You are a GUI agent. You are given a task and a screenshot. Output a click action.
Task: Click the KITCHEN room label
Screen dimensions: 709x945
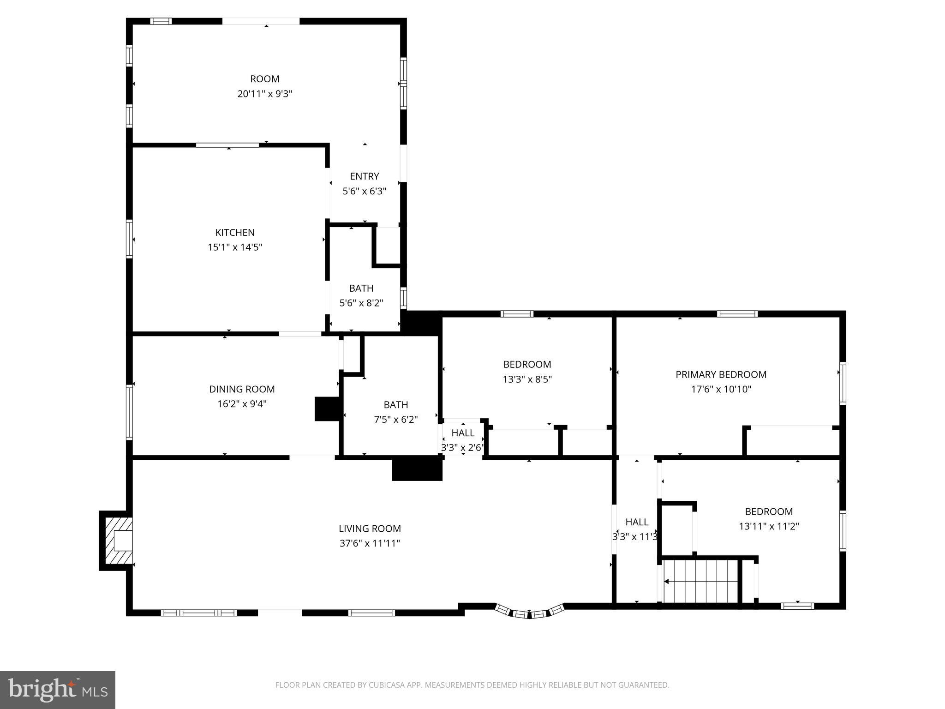point(235,233)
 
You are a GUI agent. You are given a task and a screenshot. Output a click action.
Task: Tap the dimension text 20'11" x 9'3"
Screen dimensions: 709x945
point(264,94)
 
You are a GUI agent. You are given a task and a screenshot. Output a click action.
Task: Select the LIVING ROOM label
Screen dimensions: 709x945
point(370,529)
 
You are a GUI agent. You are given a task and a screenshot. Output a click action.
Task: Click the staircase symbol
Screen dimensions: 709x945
point(700,581)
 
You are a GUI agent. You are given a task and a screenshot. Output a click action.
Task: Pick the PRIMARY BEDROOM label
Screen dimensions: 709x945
point(721,374)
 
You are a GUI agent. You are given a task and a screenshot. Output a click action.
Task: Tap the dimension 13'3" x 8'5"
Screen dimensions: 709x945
point(527,379)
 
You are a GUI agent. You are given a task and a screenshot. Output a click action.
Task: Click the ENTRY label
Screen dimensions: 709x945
point(364,176)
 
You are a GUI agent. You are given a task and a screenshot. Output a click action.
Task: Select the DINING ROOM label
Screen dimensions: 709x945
point(242,389)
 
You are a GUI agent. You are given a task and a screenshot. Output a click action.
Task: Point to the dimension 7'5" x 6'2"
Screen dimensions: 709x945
point(395,420)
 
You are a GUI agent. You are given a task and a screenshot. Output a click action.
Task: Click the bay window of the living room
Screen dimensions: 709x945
point(529,613)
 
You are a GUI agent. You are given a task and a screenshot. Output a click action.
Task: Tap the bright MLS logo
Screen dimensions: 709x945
point(58,690)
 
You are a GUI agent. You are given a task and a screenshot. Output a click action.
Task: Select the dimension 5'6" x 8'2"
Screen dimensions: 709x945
point(361,303)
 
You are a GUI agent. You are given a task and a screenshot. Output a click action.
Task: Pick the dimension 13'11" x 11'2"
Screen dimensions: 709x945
point(769,526)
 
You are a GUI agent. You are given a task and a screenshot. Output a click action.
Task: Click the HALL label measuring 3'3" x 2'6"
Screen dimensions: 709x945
point(463,433)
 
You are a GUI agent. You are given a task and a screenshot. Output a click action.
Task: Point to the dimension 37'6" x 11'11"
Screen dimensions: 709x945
point(370,543)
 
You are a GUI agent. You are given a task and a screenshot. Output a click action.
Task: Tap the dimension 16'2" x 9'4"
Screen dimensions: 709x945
point(242,404)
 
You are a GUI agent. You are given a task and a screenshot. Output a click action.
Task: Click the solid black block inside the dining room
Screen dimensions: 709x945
point(327,409)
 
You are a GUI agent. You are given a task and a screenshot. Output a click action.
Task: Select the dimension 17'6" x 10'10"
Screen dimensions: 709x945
point(721,389)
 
